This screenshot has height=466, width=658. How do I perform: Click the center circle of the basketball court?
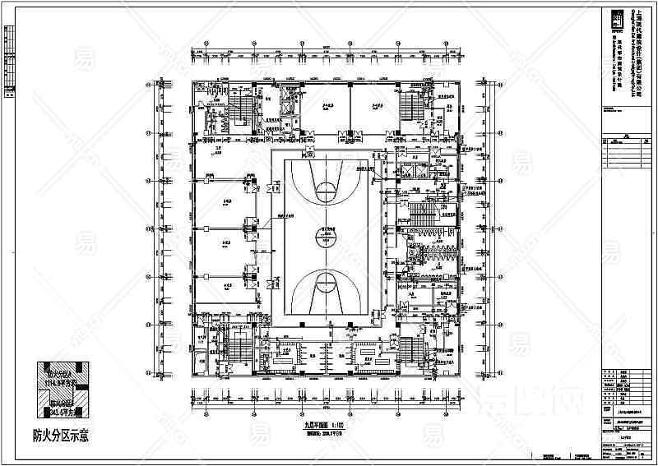tap(327, 238)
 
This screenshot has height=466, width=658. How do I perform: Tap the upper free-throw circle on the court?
tap(327, 191)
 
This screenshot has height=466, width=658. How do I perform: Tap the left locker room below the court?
tap(284, 353)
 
